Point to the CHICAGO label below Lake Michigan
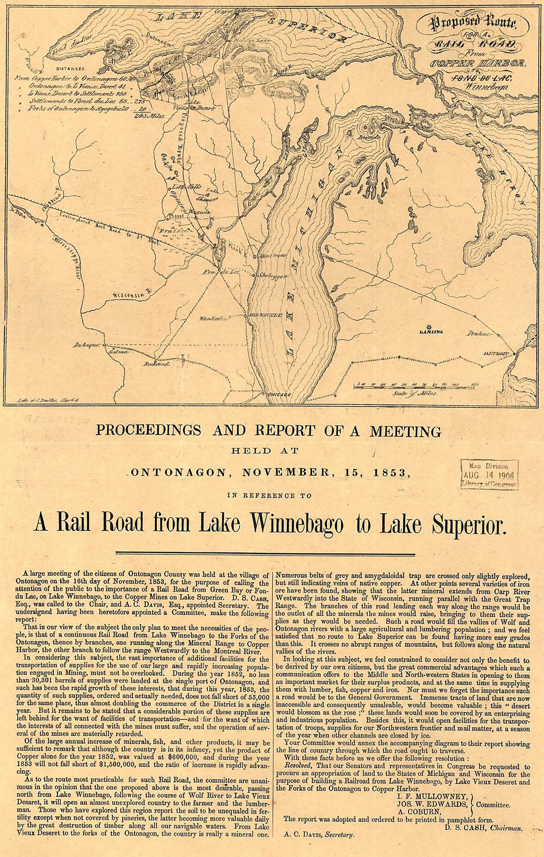pyautogui.click(x=278, y=395)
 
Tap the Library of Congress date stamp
pyautogui.click(x=489, y=475)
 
